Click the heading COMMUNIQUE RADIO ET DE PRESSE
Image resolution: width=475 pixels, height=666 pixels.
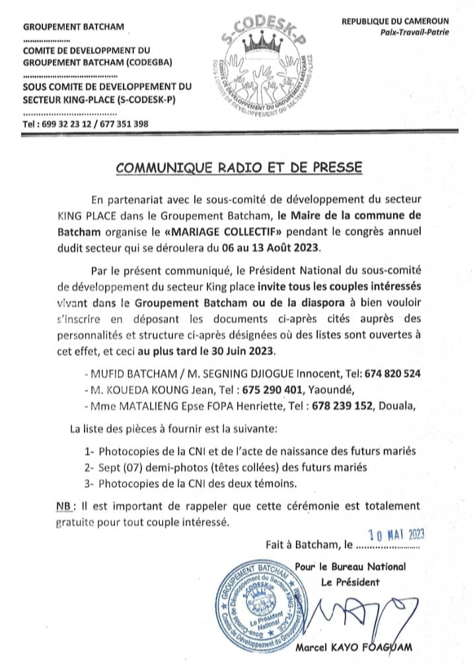(x=238, y=168)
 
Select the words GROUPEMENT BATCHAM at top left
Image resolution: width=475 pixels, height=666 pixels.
(x=73, y=28)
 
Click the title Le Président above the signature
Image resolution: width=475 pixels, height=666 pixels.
(x=350, y=582)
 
